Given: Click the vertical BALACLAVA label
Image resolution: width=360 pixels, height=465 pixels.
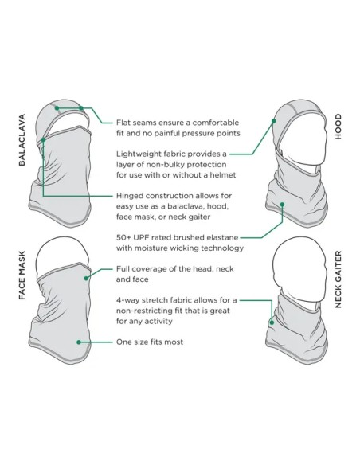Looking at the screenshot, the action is point(22,140).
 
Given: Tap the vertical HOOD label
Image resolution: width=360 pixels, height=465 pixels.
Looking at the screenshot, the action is point(338,127).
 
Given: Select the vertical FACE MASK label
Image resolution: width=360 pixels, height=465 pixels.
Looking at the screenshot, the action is point(22,275).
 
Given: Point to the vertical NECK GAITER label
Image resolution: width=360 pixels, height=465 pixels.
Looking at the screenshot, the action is point(338,279).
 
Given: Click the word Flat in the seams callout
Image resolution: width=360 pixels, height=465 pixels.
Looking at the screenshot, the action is point(123,123).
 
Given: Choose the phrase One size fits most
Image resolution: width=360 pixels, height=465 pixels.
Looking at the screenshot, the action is point(150,342).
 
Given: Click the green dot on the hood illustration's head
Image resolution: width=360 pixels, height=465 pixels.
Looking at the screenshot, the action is point(274,121).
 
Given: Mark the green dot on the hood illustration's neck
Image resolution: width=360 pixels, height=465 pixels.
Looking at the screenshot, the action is point(282,205).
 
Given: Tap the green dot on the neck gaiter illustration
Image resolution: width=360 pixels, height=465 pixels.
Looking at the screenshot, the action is point(272,322).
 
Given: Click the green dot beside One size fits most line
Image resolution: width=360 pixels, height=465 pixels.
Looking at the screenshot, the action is point(79,342).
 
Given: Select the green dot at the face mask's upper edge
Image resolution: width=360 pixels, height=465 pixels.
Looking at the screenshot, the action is point(86,278).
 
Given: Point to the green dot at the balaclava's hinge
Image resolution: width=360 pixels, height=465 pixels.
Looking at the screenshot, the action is point(43,139).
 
